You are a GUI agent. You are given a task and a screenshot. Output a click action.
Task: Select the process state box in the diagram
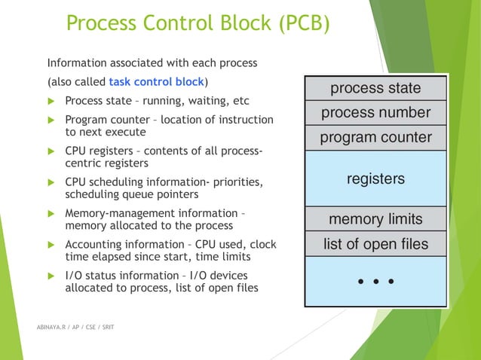375,88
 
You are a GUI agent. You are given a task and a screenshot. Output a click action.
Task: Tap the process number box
375,113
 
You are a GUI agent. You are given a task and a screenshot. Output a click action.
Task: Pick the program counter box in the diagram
375,138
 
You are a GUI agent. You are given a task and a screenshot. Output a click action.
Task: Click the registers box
375,178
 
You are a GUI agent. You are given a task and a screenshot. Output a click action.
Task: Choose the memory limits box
375,219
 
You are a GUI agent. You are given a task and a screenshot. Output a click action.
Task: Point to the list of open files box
375,243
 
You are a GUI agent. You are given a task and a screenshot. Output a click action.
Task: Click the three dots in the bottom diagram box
375,281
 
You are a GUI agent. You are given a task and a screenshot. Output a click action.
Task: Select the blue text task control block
157,81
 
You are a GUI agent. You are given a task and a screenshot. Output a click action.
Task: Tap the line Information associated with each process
152,62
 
